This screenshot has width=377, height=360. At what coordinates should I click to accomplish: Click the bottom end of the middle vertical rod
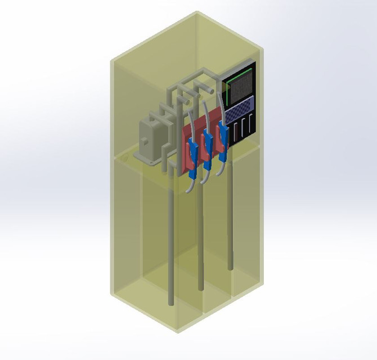[x=200, y=289]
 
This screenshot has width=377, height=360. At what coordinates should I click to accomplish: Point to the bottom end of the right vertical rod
[x=230, y=267]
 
